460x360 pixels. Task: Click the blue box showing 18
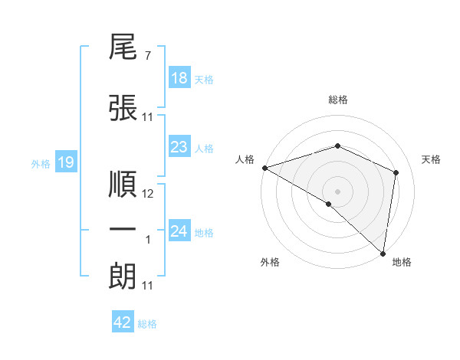pyautogui.click(x=179, y=79)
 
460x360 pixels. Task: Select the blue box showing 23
pyautogui.click(x=179, y=148)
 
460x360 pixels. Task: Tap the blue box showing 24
pyautogui.click(x=179, y=232)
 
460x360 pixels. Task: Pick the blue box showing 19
pyautogui.click(x=65, y=162)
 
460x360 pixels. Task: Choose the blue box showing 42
pyautogui.click(x=123, y=323)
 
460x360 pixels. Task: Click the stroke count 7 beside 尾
pyautogui.click(x=147, y=56)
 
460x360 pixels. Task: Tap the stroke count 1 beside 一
pyautogui.click(x=148, y=240)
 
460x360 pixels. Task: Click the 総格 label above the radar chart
pyautogui.click(x=337, y=100)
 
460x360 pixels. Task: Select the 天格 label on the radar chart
pyautogui.click(x=432, y=159)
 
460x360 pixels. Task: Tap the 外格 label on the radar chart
pyautogui.click(x=270, y=262)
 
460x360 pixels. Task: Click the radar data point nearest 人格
pyautogui.click(x=264, y=167)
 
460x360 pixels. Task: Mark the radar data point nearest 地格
pyautogui.click(x=383, y=253)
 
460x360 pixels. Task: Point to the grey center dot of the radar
pyautogui.click(x=337, y=191)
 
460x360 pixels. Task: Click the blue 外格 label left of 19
pyautogui.click(x=40, y=163)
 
